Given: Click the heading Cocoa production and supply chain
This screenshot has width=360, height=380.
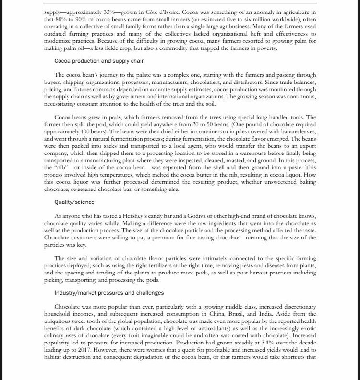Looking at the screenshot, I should coord(100,61).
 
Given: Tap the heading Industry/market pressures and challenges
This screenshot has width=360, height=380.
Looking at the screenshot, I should coord(109,293).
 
